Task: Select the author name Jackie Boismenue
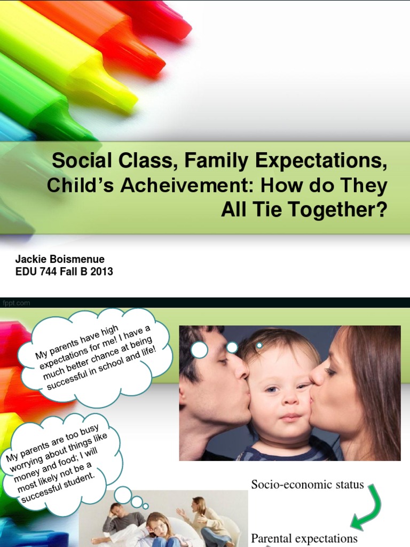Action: click(60, 260)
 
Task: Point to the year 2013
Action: click(102, 272)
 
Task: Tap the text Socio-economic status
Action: click(307, 485)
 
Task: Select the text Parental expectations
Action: click(304, 538)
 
